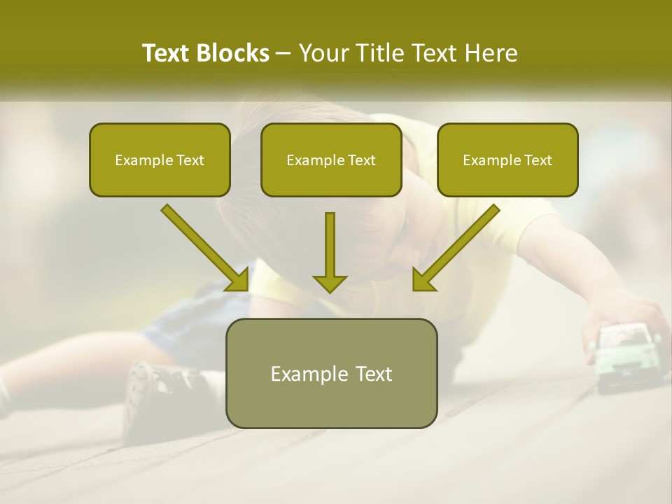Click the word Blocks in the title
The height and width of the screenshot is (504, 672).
[x=232, y=53]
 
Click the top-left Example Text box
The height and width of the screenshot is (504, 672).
[x=160, y=160]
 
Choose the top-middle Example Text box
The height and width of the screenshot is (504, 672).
[x=331, y=160]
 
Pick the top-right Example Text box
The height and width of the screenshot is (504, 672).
[x=507, y=160]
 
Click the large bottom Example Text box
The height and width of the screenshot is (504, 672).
[x=331, y=373]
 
